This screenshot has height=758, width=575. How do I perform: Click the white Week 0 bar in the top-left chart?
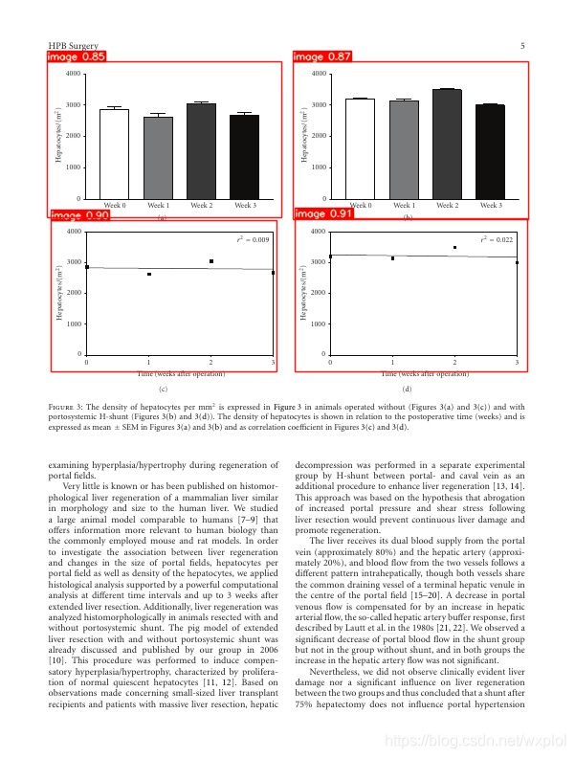tap(114, 154)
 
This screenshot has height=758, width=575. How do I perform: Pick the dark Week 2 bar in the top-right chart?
tap(447, 144)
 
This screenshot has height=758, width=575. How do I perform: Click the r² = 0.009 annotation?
tap(254, 239)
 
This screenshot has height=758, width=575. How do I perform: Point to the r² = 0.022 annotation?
tap(497, 239)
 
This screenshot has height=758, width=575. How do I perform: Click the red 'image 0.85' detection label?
tap(77, 57)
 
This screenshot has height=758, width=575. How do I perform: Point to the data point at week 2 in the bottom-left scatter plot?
tap(211, 261)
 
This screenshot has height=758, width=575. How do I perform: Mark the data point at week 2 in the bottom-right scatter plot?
tap(454, 247)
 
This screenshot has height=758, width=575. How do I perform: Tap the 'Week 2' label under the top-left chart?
tap(202, 206)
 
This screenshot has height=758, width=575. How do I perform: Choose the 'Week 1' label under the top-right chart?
tap(404, 206)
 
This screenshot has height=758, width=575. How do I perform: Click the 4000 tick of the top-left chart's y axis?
tap(73, 74)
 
